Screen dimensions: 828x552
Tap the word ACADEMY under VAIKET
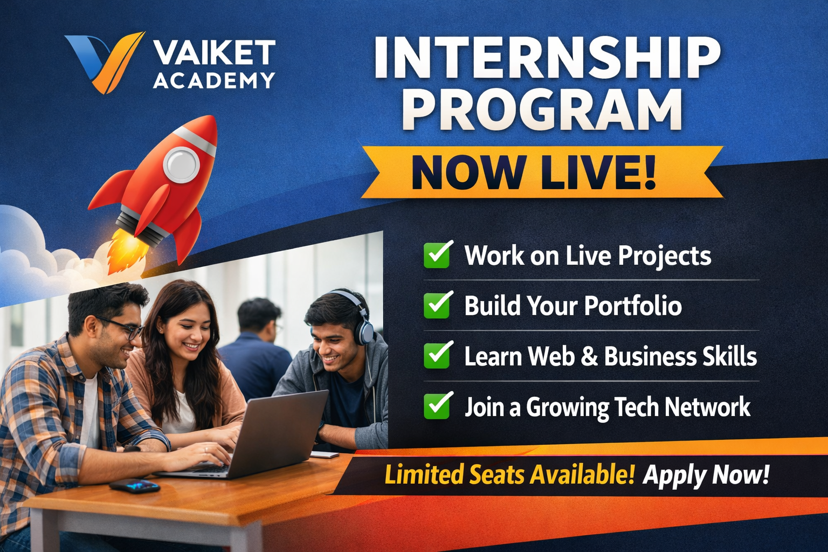[214, 81]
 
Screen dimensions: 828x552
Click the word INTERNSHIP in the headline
[547, 58]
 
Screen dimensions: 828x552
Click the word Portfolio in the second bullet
[633, 306]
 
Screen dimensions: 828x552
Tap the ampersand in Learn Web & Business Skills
[590, 356]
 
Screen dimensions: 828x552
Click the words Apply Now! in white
[706, 475]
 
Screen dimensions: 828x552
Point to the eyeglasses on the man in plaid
[121, 328]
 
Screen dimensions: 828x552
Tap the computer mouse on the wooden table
[135, 486]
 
